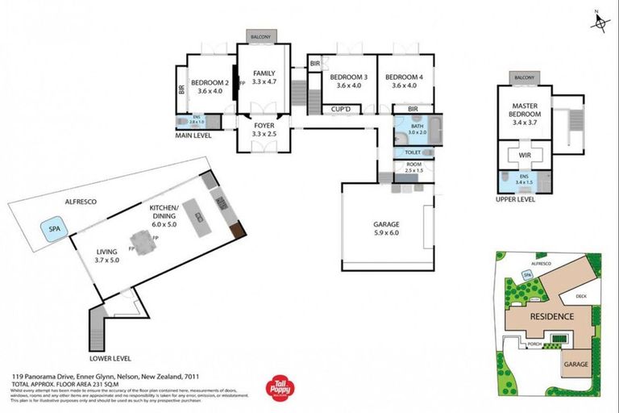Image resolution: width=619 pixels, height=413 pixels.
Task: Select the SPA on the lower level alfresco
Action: click(x=55, y=227)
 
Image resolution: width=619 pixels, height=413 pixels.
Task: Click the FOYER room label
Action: click(x=264, y=130)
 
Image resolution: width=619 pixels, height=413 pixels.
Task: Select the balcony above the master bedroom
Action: click(x=524, y=78)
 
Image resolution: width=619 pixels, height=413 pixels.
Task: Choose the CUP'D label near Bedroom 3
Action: click(x=340, y=109)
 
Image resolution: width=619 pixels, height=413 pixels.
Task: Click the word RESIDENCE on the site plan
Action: click(x=550, y=316)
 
